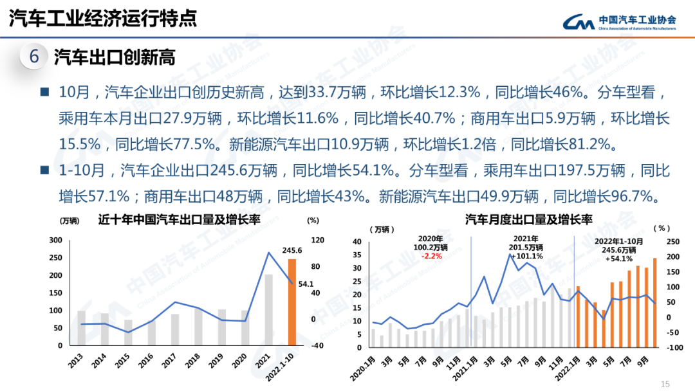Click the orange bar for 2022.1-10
coord(292,302)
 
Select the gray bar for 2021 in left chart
coord(269,309)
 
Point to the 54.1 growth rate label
coord(306,284)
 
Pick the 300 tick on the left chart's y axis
coord(56,241)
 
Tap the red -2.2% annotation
coord(431,256)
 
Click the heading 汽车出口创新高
coord(115,57)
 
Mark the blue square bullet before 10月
coord(44,92)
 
